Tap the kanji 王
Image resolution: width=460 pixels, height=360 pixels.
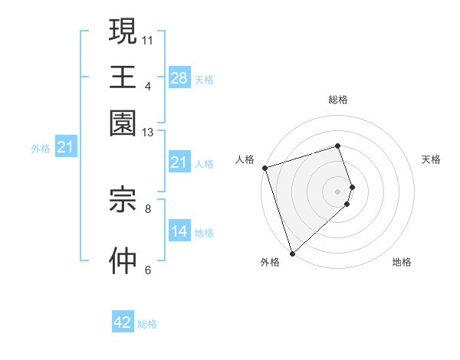tap(123, 77)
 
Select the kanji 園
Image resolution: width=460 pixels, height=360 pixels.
tap(123, 123)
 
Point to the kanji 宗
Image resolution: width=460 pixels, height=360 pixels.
tap(123, 199)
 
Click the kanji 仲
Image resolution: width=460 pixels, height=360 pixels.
tap(123, 260)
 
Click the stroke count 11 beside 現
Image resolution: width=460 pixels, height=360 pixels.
tap(147, 40)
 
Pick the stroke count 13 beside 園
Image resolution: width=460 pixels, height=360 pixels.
tap(147, 133)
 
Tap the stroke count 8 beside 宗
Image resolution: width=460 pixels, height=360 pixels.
tap(147, 208)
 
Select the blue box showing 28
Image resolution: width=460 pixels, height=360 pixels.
tap(179, 77)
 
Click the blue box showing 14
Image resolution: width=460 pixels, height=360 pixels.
tap(179, 231)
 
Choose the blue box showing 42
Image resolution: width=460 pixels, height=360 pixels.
tap(123, 322)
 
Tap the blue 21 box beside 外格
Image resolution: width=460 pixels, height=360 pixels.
tap(65, 147)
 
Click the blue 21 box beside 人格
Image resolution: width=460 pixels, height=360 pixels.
tap(179, 162)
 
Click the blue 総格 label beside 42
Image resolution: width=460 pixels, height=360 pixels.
tap(147, 324)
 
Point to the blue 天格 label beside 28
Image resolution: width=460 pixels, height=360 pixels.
tap(204, 79)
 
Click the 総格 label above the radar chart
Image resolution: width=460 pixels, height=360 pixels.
tap(337, 100)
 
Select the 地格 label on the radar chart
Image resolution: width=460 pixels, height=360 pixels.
tap(402, 263)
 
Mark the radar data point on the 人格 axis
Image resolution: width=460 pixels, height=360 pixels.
tap(264, 168)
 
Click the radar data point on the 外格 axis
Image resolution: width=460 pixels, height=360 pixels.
tap(292, 253)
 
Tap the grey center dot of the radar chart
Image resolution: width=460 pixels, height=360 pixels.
tap(337, 191)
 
